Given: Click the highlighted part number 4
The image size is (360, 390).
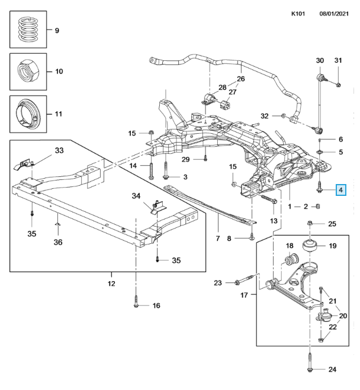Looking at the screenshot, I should (x=340, y=190).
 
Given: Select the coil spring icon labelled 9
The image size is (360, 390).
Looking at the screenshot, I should (x=28, y=30).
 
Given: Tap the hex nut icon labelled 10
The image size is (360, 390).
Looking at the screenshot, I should (x=28, y=71).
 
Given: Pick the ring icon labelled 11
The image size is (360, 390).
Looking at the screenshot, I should (x=28, y=113).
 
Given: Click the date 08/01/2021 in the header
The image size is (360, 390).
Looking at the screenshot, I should (x=336, y=12).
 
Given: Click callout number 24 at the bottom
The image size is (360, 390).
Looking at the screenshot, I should (x=332, y=369).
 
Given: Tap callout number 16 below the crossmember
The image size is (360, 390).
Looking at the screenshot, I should (x=156, y=305).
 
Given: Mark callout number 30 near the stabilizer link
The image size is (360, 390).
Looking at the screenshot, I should (x=320, y=60).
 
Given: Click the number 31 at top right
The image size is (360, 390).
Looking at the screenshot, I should (x=338, y=60).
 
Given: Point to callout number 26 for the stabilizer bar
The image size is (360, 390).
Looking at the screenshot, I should (x=240, y=79).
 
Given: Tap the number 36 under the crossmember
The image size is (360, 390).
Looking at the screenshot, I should (x=57, y=242).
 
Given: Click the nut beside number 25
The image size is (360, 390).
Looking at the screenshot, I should (x=311, y=223).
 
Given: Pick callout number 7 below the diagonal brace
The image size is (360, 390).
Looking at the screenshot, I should (x=217, y=238).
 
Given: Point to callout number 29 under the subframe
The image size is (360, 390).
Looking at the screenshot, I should (x=185, y=160).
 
